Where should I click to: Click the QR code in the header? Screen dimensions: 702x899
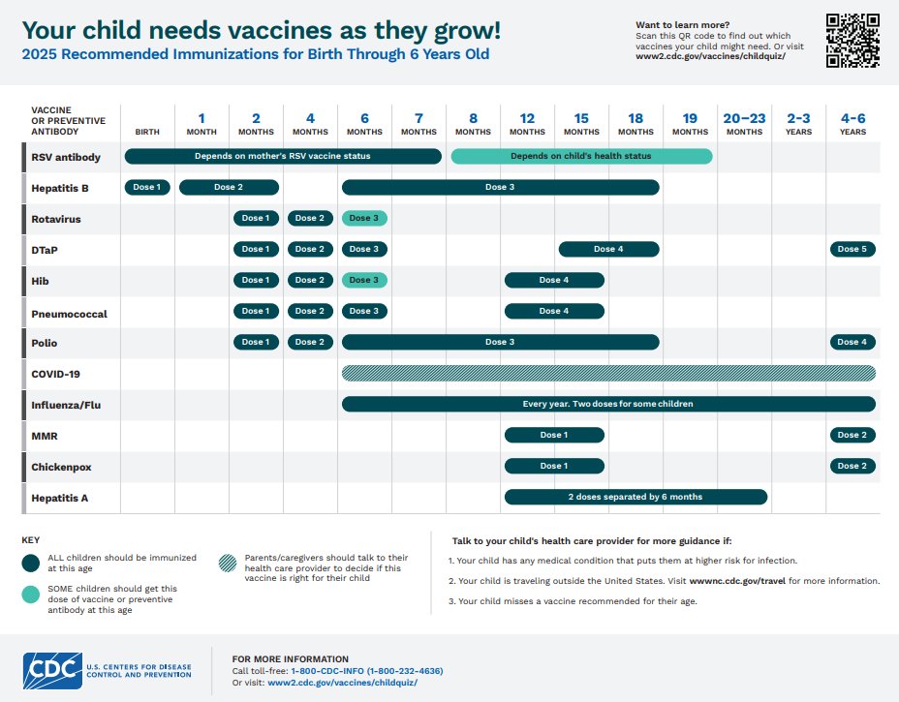(x=852, y=41)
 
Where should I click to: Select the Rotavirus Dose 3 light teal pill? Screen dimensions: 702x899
(x=364, y=219)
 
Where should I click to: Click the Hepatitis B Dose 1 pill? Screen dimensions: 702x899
(x=147, y=188)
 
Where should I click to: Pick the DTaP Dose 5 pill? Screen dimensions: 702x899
(x=852, y=250)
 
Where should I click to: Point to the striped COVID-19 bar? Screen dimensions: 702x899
(x=608, y=374)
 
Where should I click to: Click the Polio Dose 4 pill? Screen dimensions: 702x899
(x=852, y=343)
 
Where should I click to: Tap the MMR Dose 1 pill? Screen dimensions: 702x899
(x=554, y=436)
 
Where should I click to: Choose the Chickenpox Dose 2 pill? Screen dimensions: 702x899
(x=852, y=467)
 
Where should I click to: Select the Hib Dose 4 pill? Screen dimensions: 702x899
(x=554, y=281)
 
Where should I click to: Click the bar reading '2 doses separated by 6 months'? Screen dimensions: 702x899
(x=635, y=498)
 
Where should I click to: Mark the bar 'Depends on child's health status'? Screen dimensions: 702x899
(x=581, y=157)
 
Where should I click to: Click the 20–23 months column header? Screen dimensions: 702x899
(x=744, y=124)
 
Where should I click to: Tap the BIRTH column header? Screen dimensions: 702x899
(x=147, y=132)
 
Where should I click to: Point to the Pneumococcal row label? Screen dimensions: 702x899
(x=69, y=314)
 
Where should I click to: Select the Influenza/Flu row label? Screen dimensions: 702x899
(x=67, y=405)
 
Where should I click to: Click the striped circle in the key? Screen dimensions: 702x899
(x=226, y=564)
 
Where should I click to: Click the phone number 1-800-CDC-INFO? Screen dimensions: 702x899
(x=367, y=670)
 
